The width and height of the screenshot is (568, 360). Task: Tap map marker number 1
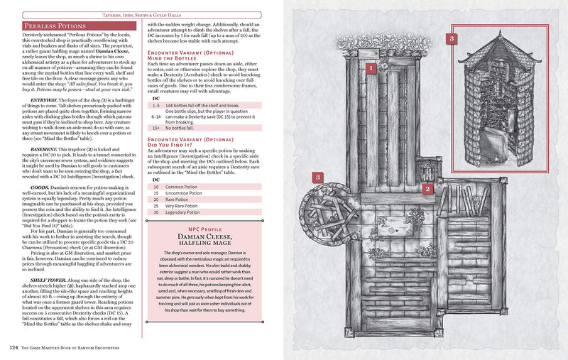(369, 68)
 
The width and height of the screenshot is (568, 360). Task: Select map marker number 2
(427, 188)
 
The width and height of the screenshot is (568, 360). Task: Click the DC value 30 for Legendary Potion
(155, 212)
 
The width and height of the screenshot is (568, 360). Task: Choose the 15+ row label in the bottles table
(156, 128)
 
